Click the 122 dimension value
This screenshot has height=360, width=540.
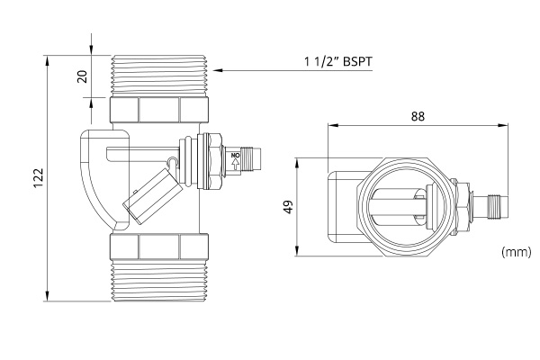tap(38, 178)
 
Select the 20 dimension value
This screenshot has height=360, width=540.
tap(82, 76)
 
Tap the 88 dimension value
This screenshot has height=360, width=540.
tap(418, 116)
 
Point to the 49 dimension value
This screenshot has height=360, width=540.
tap(288, 207)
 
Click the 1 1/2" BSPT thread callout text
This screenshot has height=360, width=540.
tap(338, 62)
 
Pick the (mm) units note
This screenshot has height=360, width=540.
tap(517, 252)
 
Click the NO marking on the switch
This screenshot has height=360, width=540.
tap(235, 156)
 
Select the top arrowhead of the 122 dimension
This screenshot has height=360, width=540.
tap(47, 60)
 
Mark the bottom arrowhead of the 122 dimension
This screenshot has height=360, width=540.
tap(47, 295)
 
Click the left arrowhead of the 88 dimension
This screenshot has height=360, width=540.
tap(333, 125)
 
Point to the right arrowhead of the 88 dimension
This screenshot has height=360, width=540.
tap(502, 125)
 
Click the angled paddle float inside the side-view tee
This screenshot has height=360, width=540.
tap(153, 196)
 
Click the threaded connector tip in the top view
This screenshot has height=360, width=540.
tap(498, 207)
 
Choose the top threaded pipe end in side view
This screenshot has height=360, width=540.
tap(158, 76)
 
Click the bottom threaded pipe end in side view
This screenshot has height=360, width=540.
tap(158, 281)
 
